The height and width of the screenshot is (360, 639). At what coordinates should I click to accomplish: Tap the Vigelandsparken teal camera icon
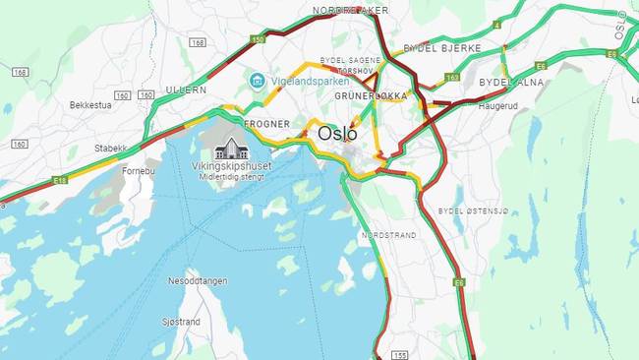(x=257, y=79)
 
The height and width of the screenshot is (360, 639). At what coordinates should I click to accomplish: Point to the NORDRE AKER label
(x=350, y=10)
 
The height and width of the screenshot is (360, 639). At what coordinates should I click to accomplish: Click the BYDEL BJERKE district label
(x=442, y=47)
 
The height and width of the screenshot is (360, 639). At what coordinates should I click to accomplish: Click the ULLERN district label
(x=187, y=89)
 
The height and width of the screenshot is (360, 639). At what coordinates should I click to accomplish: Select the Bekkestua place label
(x=93, y=104)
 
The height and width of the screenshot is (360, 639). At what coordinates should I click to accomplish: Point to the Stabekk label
(x=111, y=149)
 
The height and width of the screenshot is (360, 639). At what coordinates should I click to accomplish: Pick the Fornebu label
(x=138, y=169)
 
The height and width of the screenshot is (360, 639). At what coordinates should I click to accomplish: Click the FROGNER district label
(x=267, y=124)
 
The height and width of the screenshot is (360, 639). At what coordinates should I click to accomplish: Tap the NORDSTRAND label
(x=388, y=235)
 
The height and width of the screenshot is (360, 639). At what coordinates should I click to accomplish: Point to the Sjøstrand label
(x=181, y=322)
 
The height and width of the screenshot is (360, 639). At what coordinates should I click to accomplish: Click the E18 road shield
(x=60, y=180)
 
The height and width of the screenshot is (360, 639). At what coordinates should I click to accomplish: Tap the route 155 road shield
(x=399, y=354)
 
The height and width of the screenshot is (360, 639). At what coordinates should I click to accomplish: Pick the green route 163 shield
(x=452, y=77)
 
